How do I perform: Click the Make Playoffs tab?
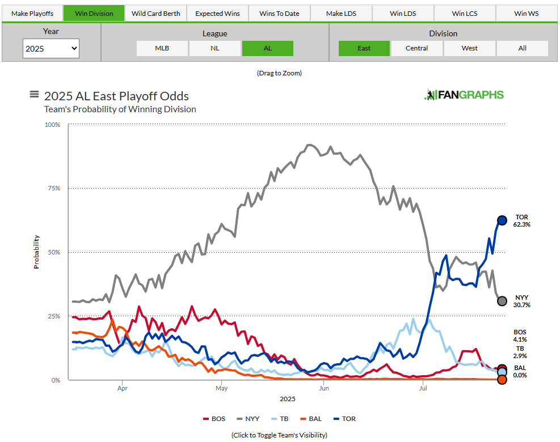coord(32,13)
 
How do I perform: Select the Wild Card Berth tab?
coord(155,13)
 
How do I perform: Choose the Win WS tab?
coord(526,13)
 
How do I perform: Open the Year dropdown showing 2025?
coord(51,48)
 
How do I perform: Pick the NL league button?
coord(214,48)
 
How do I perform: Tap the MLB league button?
coord(162,48)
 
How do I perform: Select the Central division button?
coord(416,48)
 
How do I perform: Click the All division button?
coord(522,48)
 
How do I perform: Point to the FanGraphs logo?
coord(464,95)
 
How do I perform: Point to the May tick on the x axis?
coord(222,389)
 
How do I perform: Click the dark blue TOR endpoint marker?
coord(502,220)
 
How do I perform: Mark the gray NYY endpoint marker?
coord(502,301)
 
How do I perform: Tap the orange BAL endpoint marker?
coord(502,380)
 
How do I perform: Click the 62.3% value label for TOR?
coord(521,225)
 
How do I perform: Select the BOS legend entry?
coord(214,419)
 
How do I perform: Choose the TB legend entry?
coord(280,419)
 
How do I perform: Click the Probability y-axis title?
coord(36,252)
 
